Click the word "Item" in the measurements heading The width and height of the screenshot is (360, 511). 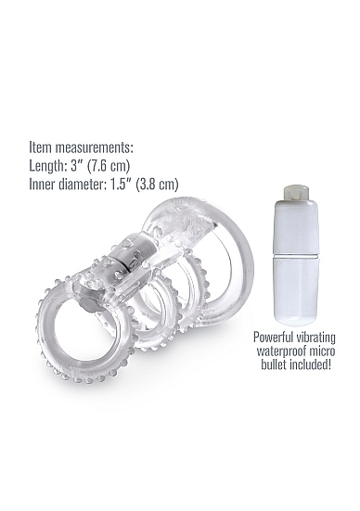41,147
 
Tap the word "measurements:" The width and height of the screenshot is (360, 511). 95,147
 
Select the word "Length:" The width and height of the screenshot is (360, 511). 48,166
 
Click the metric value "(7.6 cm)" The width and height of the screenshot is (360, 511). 109,166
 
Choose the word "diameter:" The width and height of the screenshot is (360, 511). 84,185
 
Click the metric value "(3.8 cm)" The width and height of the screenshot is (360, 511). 157,185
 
